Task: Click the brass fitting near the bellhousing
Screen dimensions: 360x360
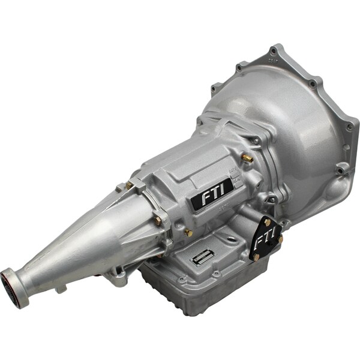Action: [247, 158]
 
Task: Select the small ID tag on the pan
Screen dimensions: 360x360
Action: [203, 258]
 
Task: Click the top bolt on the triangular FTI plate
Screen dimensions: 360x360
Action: [267, 222]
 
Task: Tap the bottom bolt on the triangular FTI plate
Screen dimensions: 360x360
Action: [256, 257]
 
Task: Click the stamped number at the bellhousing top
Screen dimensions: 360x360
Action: [272, 61]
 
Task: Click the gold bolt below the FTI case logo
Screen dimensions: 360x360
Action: [188, 233]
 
